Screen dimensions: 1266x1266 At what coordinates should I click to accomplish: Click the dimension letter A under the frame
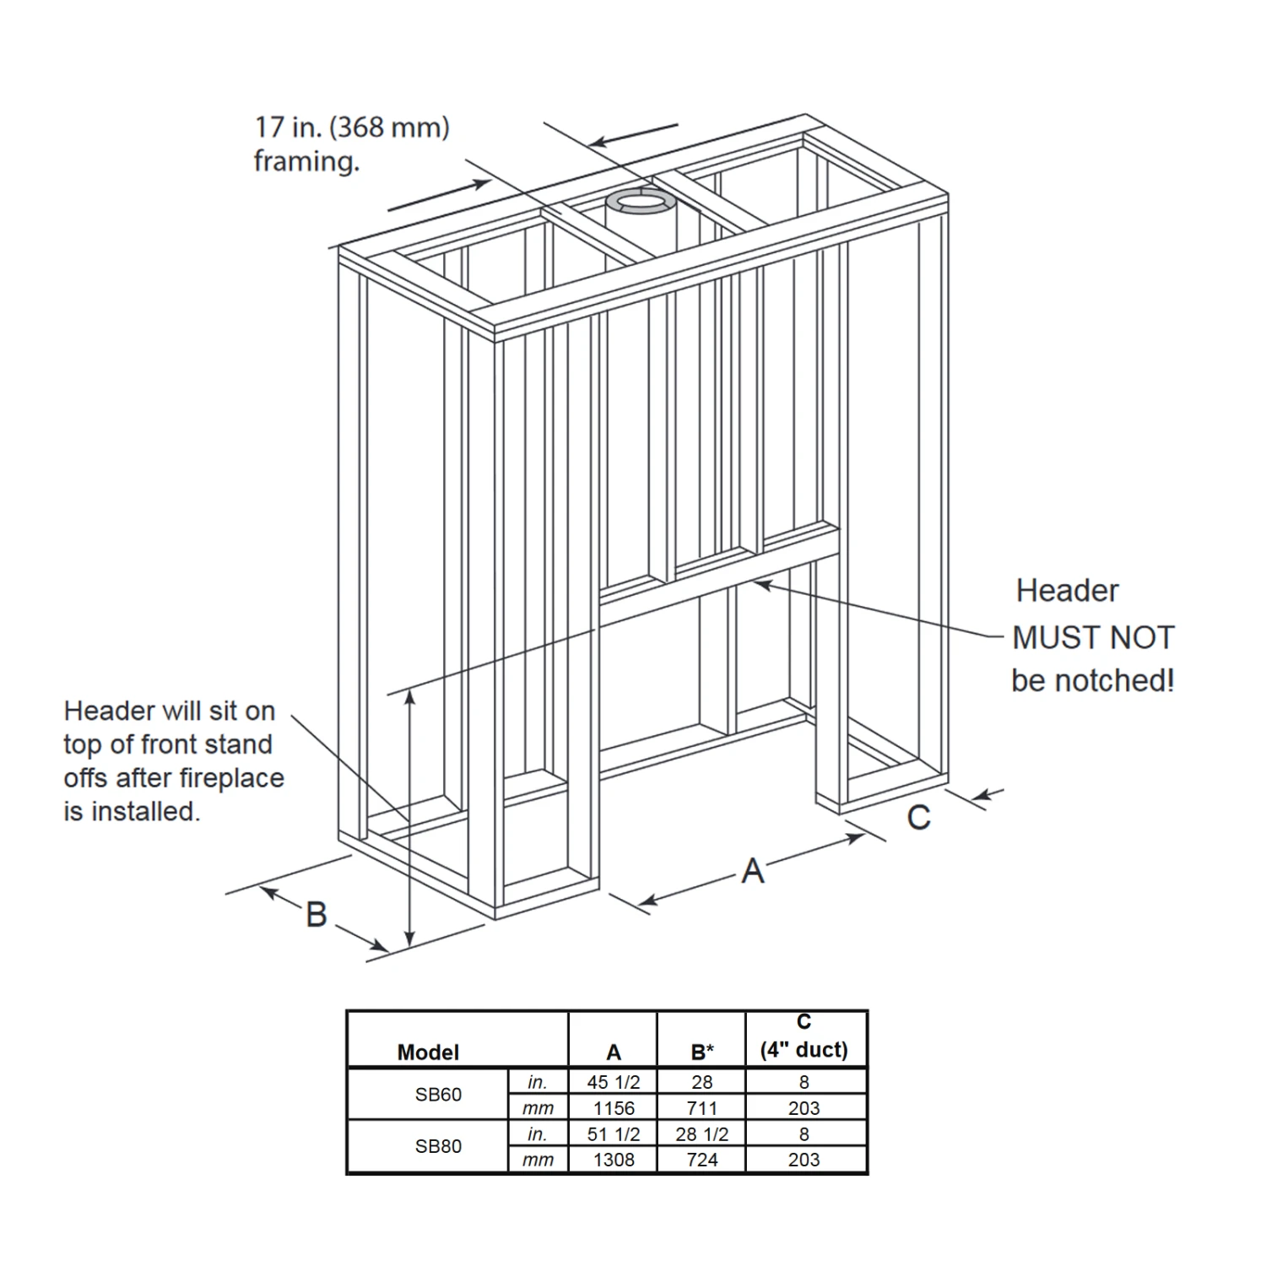753,870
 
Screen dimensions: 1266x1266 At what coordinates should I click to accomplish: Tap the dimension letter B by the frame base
316,914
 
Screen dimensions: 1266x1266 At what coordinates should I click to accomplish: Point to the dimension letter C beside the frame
919,817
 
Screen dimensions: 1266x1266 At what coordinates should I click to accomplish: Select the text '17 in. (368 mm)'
352,127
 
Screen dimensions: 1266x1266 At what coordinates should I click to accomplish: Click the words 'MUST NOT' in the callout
1093,638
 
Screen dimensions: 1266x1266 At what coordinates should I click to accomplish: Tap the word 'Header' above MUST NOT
1068,591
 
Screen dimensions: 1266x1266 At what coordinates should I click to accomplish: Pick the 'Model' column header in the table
428,1052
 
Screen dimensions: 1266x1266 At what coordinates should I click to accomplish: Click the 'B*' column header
702,1052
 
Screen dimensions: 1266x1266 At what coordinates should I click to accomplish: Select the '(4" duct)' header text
803,1050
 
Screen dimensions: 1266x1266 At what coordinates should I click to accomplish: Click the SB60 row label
439,1095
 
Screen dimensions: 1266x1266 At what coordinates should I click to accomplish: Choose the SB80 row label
439,1146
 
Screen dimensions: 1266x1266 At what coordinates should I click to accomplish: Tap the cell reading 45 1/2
614,1082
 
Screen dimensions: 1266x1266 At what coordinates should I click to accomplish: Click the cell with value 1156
614,1108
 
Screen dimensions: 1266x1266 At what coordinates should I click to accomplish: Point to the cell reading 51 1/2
614,1134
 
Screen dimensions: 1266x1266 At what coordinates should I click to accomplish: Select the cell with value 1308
614,1160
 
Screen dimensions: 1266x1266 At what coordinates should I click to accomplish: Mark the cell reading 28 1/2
702,1134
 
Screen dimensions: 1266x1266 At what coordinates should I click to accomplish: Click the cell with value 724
702,1160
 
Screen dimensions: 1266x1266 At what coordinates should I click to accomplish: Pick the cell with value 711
702,1108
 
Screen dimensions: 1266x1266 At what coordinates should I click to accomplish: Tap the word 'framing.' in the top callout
307,161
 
